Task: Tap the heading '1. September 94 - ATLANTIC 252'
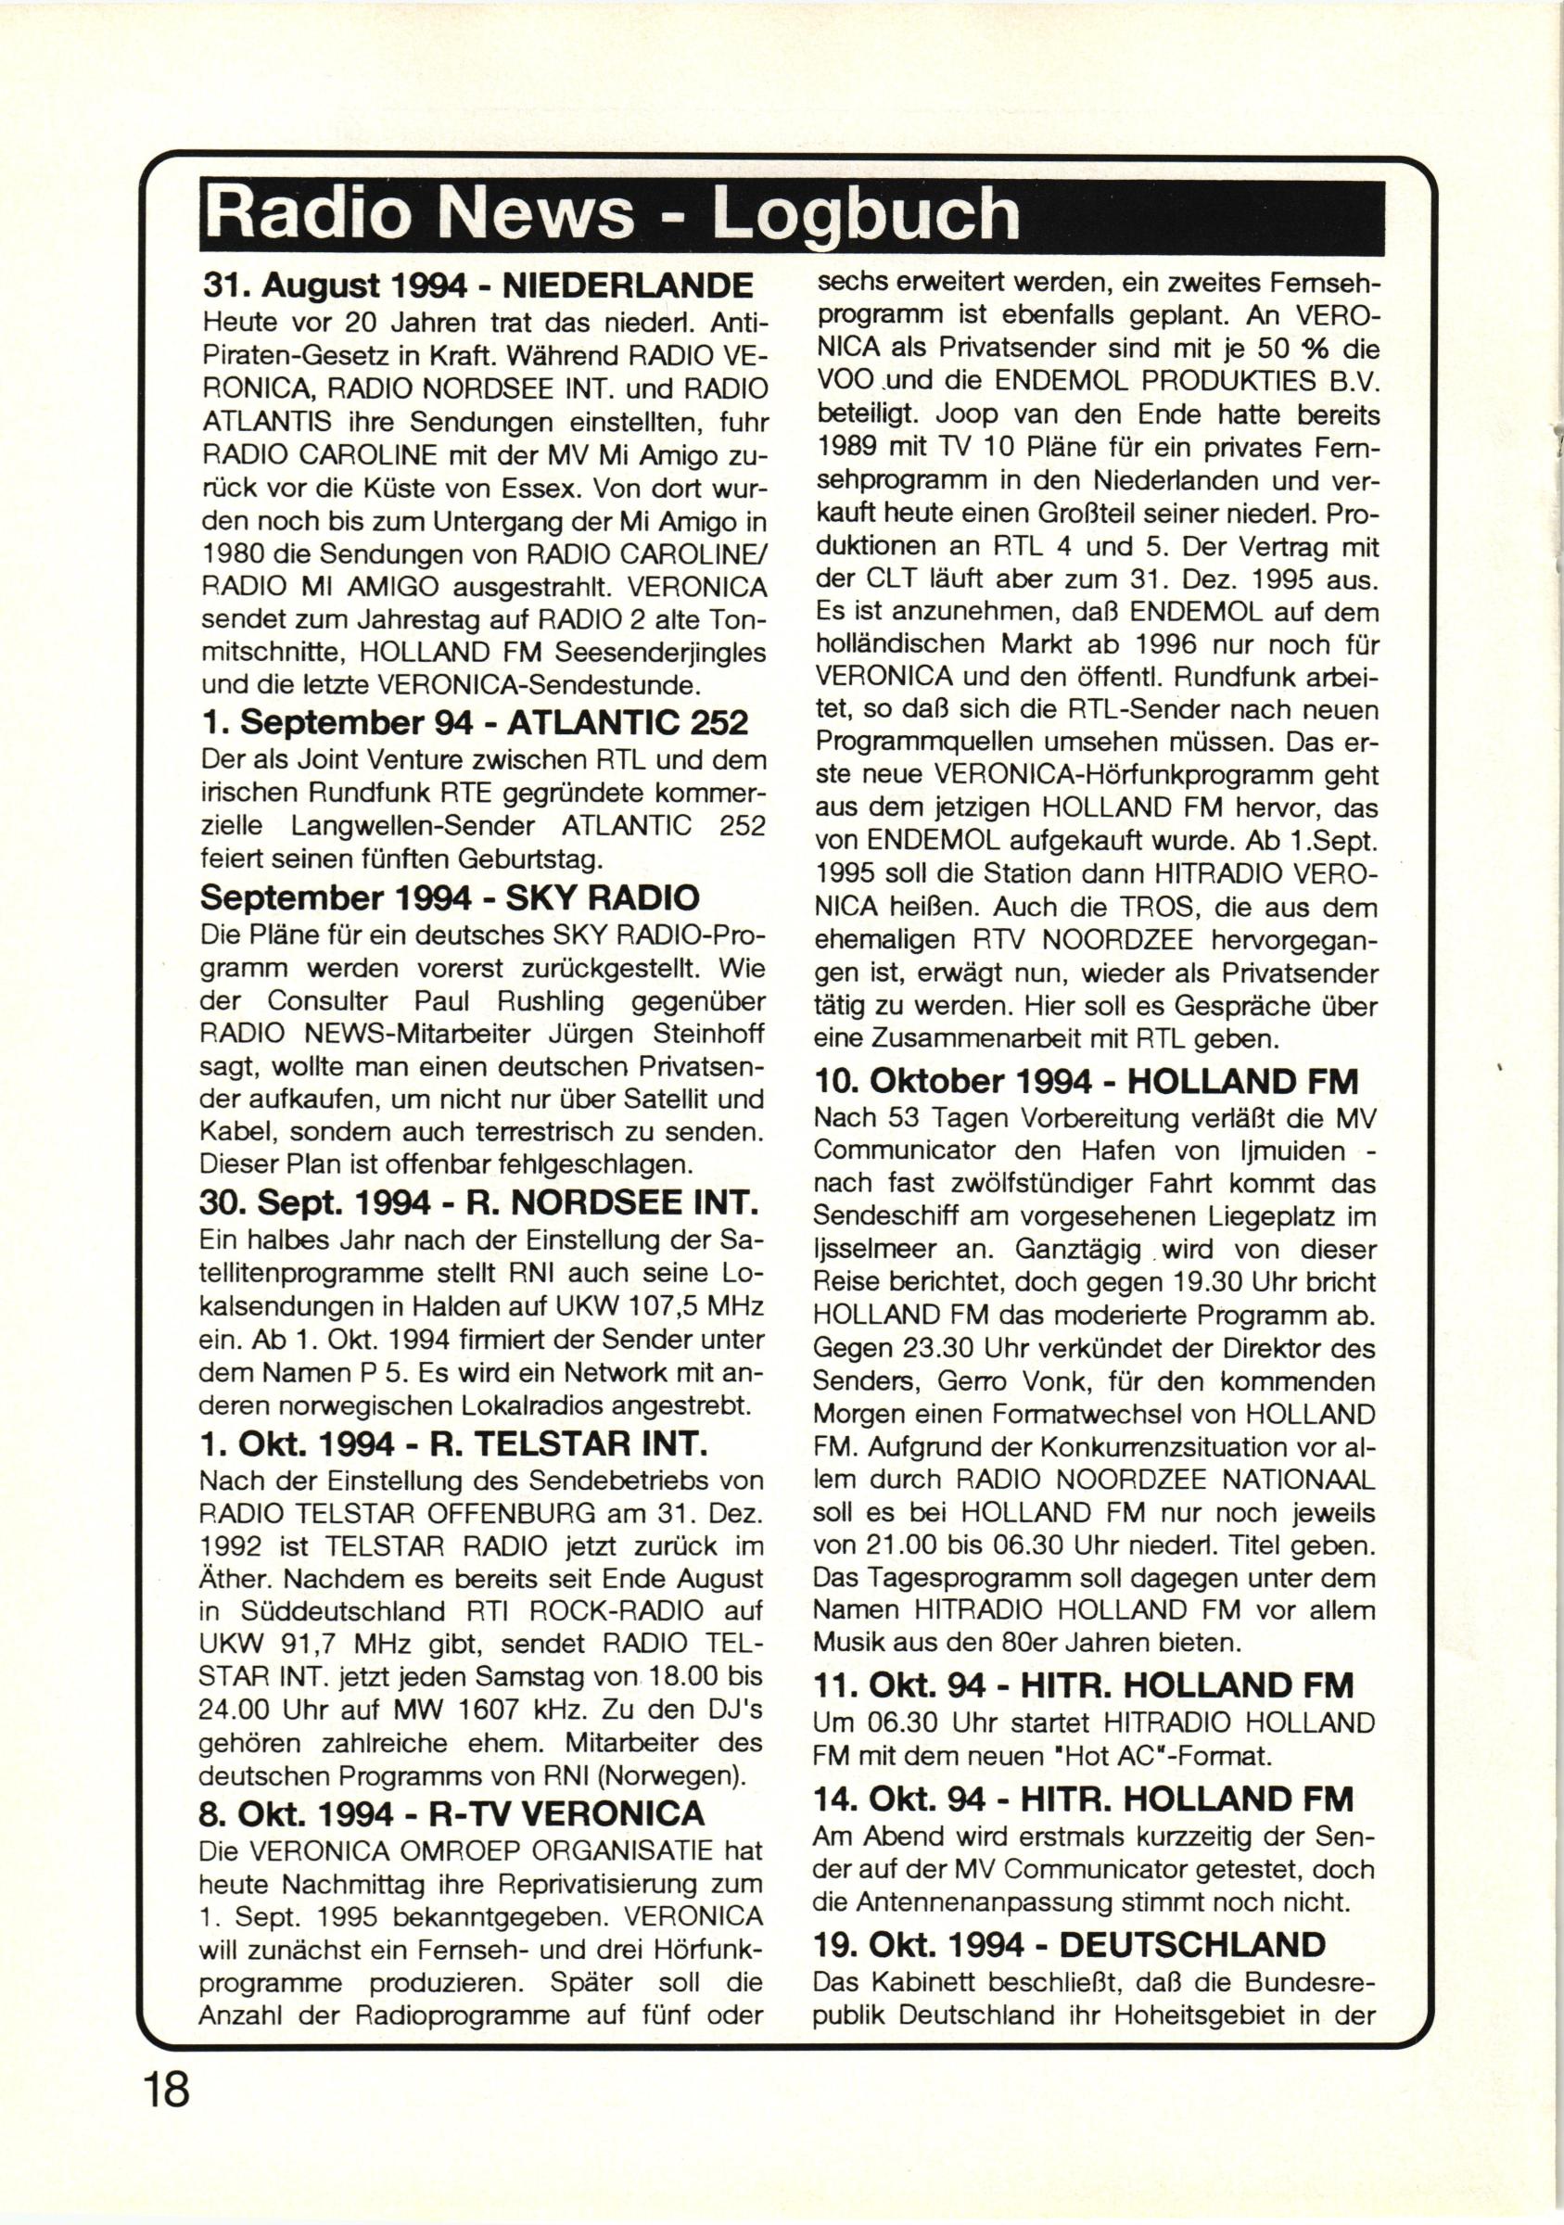tap(474, 723)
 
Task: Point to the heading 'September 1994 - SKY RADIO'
tap(449, 897)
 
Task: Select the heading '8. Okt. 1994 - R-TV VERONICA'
tap(451, 1812)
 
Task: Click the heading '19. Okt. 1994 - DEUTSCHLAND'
tap(1070, 1916)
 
